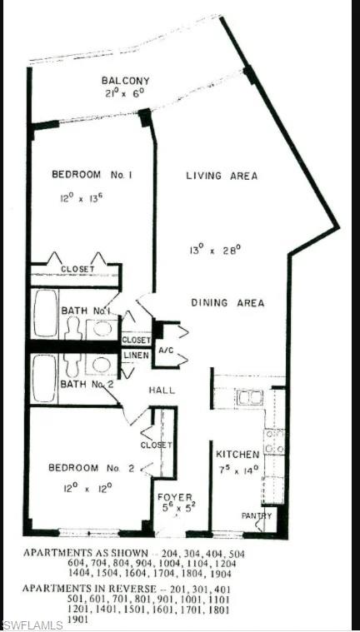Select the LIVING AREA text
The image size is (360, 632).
pos(221,176)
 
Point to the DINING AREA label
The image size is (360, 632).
pos(227,303)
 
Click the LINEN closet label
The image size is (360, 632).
pos(136,356)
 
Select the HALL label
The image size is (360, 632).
pos(161,390)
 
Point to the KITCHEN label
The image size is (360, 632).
pos(237,454)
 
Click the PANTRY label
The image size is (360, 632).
pos(258,515)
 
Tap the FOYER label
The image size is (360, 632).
pos(176,497)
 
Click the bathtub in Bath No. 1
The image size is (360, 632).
pos(45,312)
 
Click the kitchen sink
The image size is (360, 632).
pos(249,397)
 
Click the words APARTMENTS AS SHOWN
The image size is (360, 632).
pos(75,552)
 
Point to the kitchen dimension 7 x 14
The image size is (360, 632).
pos(237,468)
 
